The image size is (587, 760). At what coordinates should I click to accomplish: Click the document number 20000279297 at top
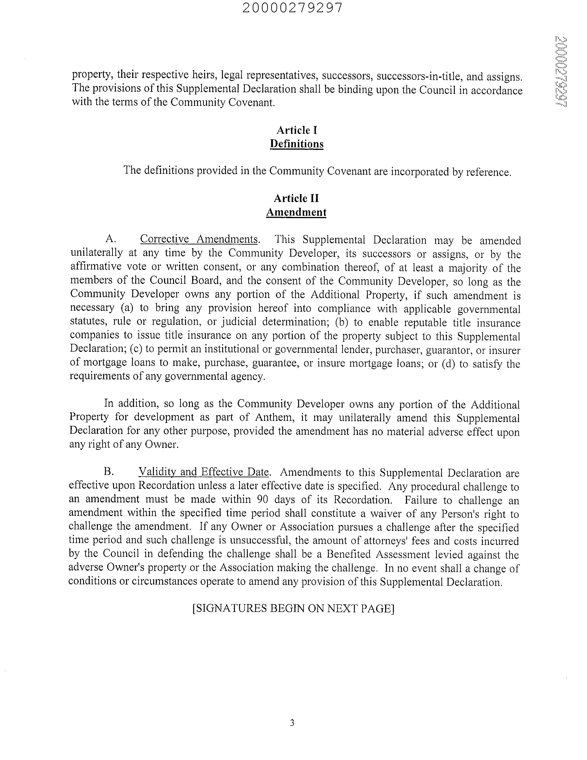(293, 8)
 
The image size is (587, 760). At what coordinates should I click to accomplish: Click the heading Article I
(297, 130)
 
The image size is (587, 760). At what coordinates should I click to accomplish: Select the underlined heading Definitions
(297, 144)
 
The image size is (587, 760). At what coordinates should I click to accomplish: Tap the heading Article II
(296, 198)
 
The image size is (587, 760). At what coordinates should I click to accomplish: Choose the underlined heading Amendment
(296, 212)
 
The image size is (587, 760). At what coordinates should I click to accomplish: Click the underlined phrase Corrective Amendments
(199, 239)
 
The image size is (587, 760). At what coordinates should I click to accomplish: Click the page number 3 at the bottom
(292, 723)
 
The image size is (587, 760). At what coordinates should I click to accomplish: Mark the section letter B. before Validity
(109, 472)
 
